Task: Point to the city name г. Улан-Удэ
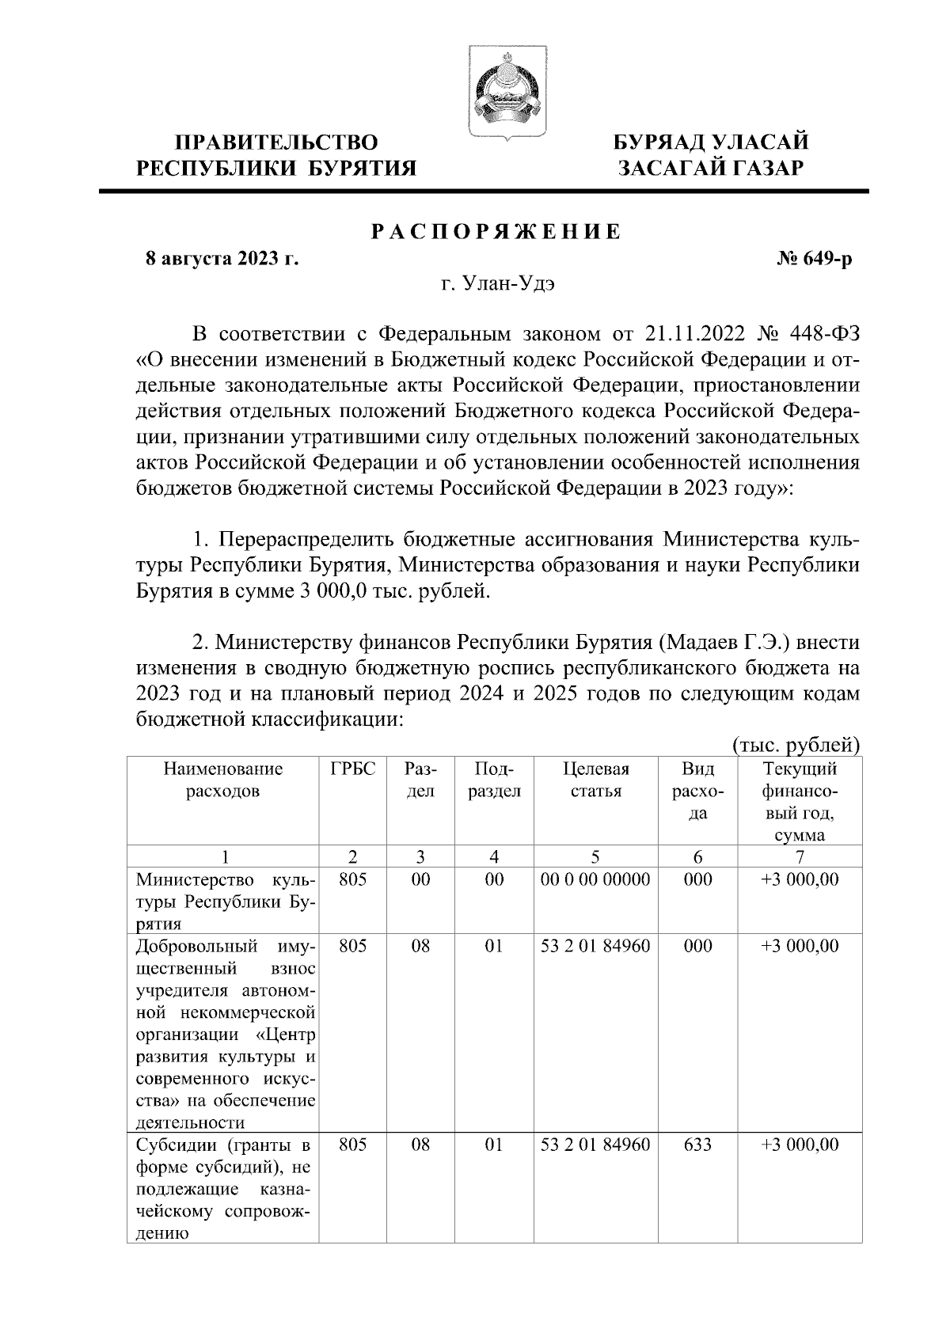click(498, 284)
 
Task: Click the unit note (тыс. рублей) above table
click(796, 745)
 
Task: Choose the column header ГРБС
click(352, 769)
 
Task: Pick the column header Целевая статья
click(595, 780)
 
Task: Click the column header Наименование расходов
click(223, 780)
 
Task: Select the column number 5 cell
click(595, 856)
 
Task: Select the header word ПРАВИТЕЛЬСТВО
click(276, 142)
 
